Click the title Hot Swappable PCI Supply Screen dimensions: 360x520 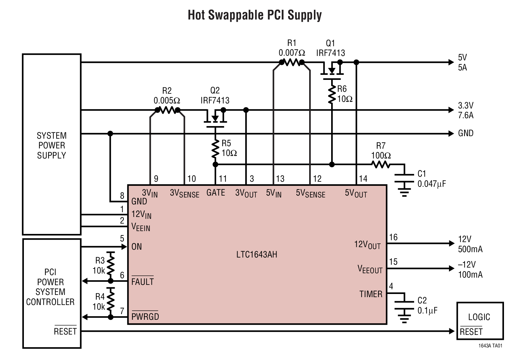click(255, 15)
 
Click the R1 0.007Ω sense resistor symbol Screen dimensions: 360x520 click(292, 63)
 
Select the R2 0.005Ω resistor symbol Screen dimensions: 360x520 click(167, 110)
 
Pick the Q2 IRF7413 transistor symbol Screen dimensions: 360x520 click(215, 118)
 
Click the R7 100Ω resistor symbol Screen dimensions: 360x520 click(381, 164)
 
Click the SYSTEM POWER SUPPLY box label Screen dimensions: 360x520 click(52, 145)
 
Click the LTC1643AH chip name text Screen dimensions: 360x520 click(257, 254)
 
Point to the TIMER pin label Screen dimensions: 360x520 click(371, 294)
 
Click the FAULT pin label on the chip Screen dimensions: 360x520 click(142, 281)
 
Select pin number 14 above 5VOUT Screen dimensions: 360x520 click(363, 179)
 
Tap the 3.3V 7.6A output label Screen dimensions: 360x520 click(465, 110)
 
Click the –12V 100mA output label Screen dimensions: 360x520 click(470, 269)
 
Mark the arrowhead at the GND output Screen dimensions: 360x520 click(452, 134)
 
